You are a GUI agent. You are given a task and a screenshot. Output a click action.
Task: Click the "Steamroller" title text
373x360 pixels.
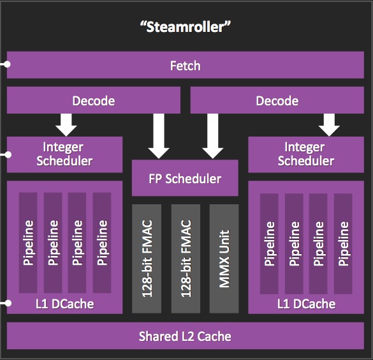186,27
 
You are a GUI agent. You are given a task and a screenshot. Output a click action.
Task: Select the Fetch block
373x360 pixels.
186,65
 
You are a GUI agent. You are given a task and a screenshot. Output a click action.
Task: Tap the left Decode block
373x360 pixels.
94,100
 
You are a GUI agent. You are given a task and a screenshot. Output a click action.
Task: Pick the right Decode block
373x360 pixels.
277,100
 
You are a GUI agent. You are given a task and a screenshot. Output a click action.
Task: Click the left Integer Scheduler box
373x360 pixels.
64,154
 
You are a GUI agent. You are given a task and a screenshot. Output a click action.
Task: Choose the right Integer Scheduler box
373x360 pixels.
306,154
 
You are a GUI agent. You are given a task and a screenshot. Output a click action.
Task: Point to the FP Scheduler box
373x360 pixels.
185,178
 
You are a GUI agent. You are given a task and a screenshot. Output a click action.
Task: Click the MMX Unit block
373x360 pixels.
224,259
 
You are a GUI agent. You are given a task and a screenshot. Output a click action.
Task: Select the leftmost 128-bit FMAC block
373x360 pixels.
147,259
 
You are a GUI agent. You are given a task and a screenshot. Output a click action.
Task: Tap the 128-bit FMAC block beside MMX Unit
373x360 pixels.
186,259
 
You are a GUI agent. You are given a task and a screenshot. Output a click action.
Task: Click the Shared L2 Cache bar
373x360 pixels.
186,336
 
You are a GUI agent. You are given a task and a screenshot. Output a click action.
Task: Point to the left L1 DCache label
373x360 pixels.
64,304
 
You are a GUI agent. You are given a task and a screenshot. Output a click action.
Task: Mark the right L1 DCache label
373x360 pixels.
307,304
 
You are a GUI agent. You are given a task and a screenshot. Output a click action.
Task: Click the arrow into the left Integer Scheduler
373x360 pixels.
66,124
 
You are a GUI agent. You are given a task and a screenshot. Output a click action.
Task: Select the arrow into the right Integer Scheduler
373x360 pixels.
329,124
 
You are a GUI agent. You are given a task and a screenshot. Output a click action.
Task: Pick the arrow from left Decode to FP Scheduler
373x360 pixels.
159,136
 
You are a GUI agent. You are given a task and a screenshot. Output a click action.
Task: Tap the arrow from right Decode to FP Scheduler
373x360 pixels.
213,136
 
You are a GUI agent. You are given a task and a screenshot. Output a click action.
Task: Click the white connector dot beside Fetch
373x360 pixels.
8,64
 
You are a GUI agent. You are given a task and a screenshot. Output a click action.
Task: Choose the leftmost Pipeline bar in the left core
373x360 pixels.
28,243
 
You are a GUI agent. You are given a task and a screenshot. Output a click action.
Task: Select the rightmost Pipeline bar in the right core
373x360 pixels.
343,244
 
